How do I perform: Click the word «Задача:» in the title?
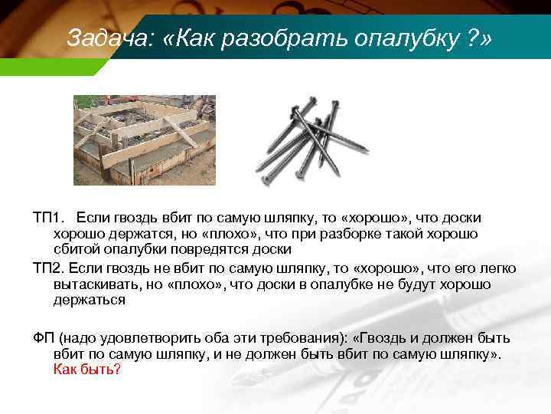pos(99,38)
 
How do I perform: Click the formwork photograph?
pos(144,140)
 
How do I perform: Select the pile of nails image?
pos(312,141)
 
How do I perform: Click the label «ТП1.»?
pos(50,219)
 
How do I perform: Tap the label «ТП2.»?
pos(50,269)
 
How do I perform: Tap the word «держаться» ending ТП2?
pos(90,300)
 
